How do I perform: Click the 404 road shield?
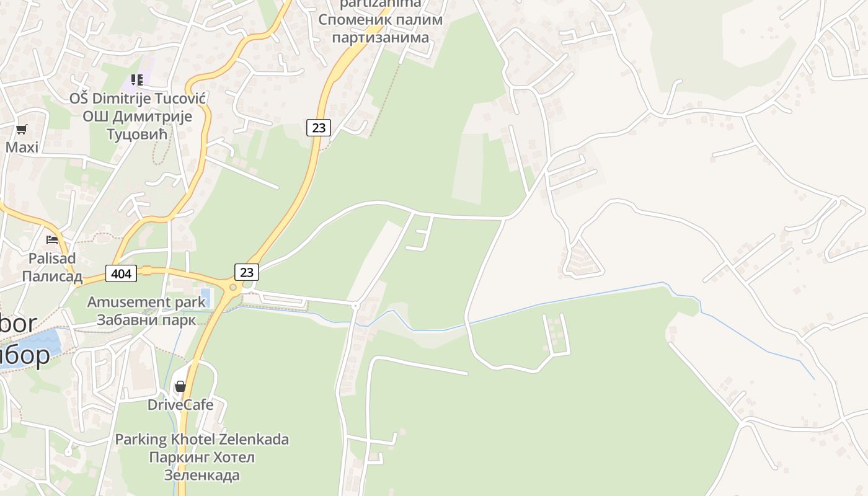point(120,273)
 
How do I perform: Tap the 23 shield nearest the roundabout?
point(247,272)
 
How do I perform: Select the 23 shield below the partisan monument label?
point(319,128)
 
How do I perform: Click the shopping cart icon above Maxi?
point(22,129)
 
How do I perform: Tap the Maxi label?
point(22,148)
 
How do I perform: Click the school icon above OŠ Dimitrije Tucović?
point(137,79)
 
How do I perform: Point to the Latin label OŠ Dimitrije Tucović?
point(137,98)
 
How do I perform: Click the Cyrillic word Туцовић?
point(137,134)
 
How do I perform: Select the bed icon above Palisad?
point(52,240)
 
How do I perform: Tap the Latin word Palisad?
point(52,258)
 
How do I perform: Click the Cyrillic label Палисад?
point(52,276)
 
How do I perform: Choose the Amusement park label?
point(146,302)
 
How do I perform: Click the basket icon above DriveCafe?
point(180,386)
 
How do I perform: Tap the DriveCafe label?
point(180,405)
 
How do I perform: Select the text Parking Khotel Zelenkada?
point(201,440)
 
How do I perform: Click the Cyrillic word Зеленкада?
point(201,476)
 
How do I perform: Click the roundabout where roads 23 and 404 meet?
point(234,286)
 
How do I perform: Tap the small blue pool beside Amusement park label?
point(206,298)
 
